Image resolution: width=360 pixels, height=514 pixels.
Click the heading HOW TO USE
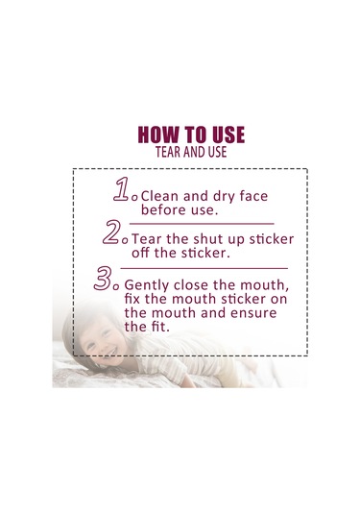click(x=191, y=135)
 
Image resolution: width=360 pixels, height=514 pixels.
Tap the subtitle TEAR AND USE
click(x=191, y=152)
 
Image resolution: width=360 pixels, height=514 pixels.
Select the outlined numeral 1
click(x=122, y=189)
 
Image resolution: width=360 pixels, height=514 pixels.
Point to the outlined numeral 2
click(x=111, y=233)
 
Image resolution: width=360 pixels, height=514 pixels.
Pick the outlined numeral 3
click(x=103, y=279)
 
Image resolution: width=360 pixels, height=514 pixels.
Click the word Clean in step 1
click(x=159, y=196)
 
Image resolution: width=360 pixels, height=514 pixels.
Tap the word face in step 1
click(x=253, y=196)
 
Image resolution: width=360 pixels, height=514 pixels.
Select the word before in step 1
click(x=159, y=210)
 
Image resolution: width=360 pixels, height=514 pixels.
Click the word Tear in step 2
click(x=147, y=239)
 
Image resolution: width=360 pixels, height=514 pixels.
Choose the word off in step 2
click(x=141, y=253)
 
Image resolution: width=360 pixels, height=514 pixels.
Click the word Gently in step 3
click(x=147, y=285)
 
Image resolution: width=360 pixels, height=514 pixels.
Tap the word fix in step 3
click(x=132, y=299)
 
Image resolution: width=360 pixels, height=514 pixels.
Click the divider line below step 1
click(x=202, y=224)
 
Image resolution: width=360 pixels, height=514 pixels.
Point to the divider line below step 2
click(x=204, y=268)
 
